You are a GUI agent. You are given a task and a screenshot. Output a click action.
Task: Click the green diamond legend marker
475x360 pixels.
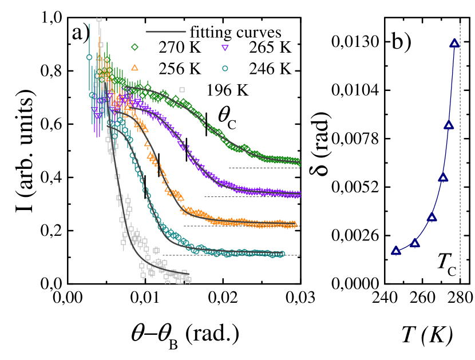[134, 47]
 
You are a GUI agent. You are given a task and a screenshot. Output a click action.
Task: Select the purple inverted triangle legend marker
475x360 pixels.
[225, 48]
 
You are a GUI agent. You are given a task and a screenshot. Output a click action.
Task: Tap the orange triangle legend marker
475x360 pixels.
[134, 68]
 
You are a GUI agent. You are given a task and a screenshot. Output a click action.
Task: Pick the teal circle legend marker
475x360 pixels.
[225, 68]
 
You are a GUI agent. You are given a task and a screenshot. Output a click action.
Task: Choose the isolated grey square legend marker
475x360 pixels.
[182, 89]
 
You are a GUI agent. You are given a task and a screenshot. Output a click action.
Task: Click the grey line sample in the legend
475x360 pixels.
[165, 31]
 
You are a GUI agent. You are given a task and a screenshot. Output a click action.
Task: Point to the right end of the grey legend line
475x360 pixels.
[185, 31]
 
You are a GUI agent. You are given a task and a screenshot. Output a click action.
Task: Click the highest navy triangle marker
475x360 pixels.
[454, 43]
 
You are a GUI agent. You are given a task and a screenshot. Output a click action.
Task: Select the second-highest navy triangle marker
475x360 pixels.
[449, 125]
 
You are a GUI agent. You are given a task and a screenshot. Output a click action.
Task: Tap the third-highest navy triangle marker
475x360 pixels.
[443, 177]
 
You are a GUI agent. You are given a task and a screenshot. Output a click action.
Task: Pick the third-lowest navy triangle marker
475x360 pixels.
[432, 217]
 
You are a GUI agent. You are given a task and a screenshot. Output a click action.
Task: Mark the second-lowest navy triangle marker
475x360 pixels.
[415, 243]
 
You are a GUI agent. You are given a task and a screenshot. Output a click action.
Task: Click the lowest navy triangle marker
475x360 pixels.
[396, 250]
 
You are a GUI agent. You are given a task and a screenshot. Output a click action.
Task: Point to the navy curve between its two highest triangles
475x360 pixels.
[452, 83]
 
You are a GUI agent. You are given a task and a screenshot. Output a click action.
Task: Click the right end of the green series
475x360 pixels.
[300, 163]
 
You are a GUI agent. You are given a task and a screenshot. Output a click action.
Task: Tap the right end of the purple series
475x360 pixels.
[300, 195]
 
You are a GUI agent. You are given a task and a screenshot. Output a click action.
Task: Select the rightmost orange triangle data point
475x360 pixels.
[294, 224]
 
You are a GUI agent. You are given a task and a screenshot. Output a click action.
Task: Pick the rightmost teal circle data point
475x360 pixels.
[282, 254]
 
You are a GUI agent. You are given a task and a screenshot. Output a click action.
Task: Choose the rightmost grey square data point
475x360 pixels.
[188, 279]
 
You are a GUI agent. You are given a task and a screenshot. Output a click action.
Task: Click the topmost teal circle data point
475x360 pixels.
[89, 57]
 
